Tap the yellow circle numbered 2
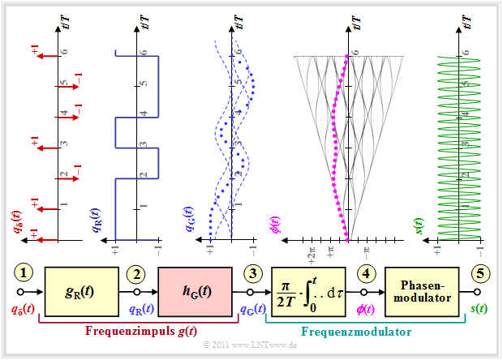point(137,274)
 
